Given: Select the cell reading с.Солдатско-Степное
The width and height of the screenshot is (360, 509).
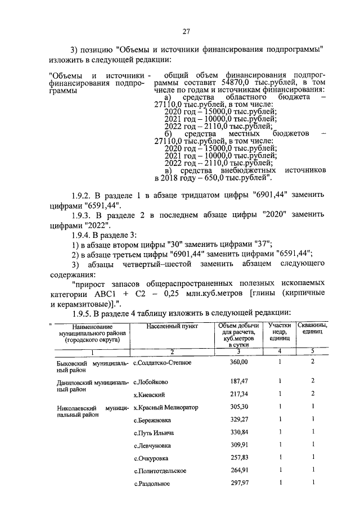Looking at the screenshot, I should pyautogui.click(x=163, y=362).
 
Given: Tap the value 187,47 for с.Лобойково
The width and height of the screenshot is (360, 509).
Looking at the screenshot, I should pyautogui.click(x=238, y=381).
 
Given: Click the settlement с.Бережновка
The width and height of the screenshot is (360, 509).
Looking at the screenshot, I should pyautogui.click(x=154, y=420).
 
